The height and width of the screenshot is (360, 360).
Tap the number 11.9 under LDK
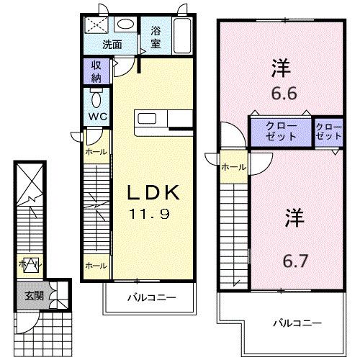(x=153, y=215)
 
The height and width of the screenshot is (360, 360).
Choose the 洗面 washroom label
(x=111, y=45)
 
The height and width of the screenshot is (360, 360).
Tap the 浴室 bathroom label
(x=156, y=37)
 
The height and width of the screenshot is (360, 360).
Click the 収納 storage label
(x=96, y=71)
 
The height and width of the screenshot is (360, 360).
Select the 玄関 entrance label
(x=35, y=294)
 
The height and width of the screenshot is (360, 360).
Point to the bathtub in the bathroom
(x=181, y=34)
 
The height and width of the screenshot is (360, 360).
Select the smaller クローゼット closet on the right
(x=328, y=132)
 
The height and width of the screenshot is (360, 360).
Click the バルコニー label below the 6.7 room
(x=296, y=322)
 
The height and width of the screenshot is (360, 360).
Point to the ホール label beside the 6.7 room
(x=233, y=167)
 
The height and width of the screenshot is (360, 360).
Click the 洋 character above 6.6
(x=282, y=69)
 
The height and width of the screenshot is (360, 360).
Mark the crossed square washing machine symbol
(x=96, y=24)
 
